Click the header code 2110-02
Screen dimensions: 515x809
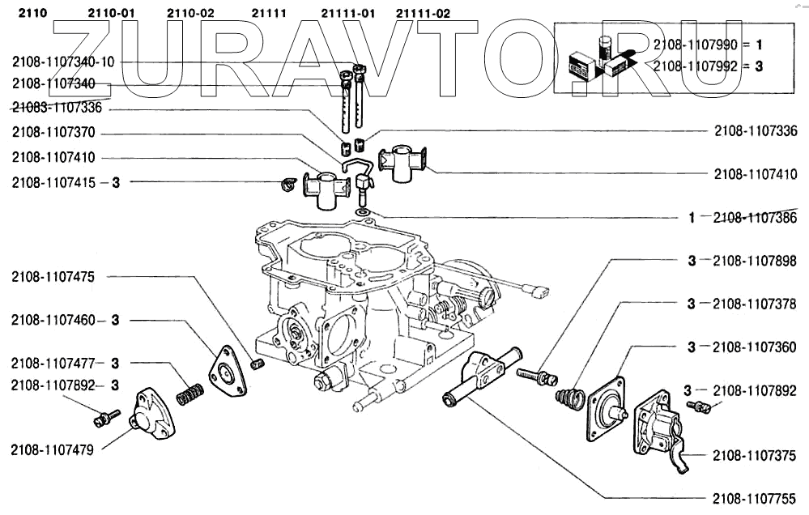(191, 13)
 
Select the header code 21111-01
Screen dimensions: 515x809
(347, 13)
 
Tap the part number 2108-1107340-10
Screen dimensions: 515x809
(64, 62)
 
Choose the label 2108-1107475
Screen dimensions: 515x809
(53, 277)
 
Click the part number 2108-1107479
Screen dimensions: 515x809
(53, 449)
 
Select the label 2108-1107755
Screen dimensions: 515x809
(755, 499)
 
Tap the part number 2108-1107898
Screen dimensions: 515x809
(755, 261)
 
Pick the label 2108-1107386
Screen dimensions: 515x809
(755, 218)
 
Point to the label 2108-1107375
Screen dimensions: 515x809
(755, 456)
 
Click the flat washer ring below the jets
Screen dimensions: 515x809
(363, 212)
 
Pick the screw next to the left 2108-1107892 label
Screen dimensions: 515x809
(106, 418)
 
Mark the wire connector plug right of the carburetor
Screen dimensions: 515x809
(536, 288)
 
